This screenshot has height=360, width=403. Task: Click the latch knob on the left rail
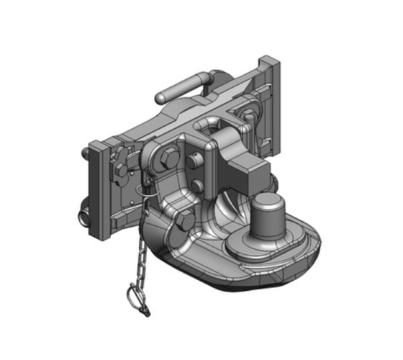coord(120,171)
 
